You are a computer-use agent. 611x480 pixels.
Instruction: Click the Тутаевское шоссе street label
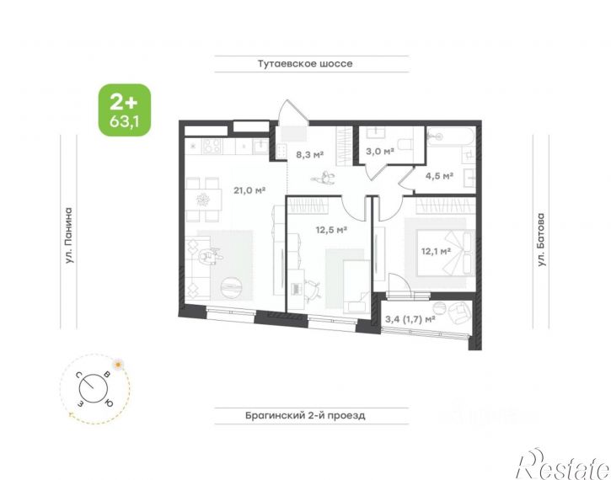305,64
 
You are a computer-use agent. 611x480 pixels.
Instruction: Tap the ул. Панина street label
68,236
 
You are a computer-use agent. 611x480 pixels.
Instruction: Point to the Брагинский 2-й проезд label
305,415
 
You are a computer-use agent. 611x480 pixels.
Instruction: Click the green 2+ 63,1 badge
124,110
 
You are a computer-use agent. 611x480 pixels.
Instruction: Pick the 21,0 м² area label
249,190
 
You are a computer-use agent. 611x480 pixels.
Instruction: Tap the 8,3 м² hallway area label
310,155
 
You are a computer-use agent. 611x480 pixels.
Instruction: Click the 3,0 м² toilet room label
379,151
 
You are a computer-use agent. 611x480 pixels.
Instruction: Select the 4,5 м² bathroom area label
439,176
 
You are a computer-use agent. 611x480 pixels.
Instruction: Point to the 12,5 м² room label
331,230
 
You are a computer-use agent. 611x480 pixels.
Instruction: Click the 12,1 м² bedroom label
436,251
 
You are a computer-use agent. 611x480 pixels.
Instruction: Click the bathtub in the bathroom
451,136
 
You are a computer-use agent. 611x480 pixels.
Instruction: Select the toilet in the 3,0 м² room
405,143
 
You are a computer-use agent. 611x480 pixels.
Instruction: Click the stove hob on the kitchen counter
212,147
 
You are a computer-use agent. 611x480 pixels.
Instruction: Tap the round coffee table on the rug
232,287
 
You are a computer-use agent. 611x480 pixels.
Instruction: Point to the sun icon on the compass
118,365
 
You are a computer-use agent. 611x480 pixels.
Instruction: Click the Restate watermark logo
563,464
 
